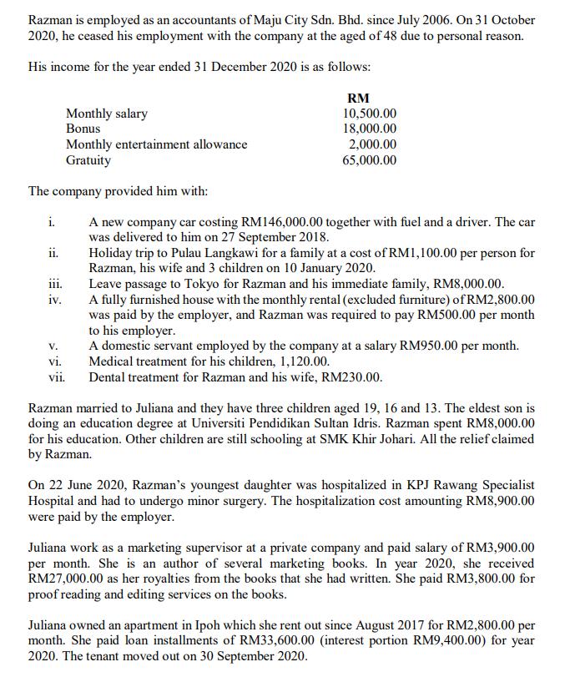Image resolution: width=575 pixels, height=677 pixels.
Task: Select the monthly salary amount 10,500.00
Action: [370, 114]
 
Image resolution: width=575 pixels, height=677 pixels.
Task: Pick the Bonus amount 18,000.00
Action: [370, 129]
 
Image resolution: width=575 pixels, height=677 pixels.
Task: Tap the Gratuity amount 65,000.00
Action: [370, 160]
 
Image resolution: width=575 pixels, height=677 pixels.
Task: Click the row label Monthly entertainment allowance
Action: [157, 144]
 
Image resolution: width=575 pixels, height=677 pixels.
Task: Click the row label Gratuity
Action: [88, 160]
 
